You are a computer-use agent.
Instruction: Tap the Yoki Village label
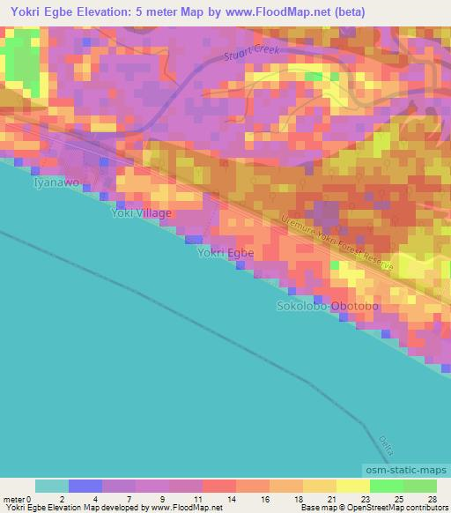click(x=141, y=213)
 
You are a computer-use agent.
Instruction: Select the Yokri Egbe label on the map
click(x=225, y=253)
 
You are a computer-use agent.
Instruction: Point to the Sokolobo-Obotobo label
click(x=328, y=306)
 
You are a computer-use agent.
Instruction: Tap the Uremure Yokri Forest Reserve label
click(x=338, y=244)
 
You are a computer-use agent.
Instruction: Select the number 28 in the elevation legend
click(x=431, y=499)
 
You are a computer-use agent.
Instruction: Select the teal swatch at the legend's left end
click(x=51, y=486)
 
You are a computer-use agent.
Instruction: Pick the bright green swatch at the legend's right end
click(x=419, y=486)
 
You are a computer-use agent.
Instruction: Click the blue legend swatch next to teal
click(x=85, y=486)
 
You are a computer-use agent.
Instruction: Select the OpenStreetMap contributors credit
click(x=391, y=509)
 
